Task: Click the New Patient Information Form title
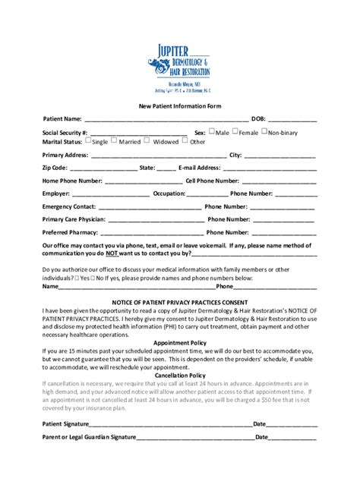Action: [179, 106]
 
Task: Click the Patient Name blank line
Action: [166, 120]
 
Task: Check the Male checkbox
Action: [212, 131]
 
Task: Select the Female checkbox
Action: [235, 131]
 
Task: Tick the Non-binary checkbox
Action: [264, 131]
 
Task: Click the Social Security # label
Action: [65, 132]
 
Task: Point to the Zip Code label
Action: [55, 168]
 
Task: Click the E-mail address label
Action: [200, 168]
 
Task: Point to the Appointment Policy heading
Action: [180, 342]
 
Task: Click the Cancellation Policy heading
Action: [180, 375]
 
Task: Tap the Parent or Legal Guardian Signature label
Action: [90, 438]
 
